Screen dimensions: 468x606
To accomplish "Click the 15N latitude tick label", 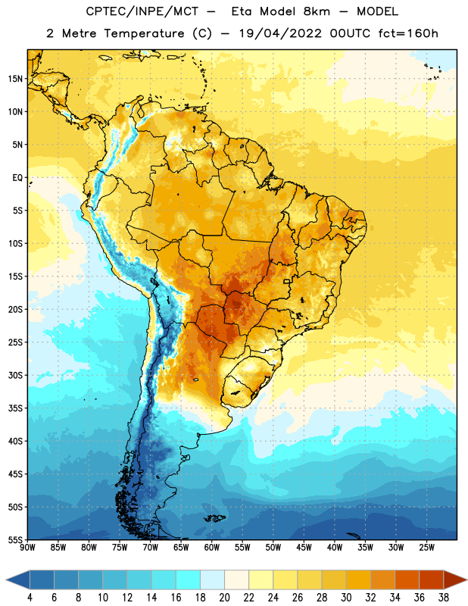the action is [x=15, y=79].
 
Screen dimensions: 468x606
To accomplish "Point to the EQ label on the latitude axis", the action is [x=17, y=178].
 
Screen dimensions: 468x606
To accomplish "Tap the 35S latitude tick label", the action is [x=15, y=408].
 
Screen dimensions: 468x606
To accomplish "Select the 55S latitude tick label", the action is [x=15, y=539].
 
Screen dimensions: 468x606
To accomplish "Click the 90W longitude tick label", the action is [x=27, y=548].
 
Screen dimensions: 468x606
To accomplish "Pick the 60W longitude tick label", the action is [x=212, y=548].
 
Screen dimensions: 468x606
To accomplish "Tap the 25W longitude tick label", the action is [x=426, y=548].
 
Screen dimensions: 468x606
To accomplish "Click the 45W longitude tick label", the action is [x=304, y=548].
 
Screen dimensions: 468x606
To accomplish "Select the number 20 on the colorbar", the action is [x=224, y=598].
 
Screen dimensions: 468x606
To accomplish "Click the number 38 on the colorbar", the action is [x=444, y=598].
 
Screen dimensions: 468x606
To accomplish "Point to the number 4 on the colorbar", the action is [x=30, y=598].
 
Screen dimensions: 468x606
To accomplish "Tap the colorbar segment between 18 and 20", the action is [x=213, y=580].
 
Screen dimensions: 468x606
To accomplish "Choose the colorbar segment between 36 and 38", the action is [x=432, y=580].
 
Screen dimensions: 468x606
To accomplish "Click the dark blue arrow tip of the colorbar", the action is [x=6, y=580].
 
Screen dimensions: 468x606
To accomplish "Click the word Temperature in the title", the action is [x=144, y=33].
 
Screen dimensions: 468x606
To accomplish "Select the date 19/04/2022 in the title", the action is [x=280, y=33].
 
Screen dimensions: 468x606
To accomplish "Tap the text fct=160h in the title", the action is [x=408, y=33].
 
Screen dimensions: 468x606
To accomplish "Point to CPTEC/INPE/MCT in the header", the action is [x=142, y=11].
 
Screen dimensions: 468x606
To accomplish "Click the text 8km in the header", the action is [x=317, y=11].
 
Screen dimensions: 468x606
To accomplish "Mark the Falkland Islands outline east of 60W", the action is [x=215, y=518].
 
